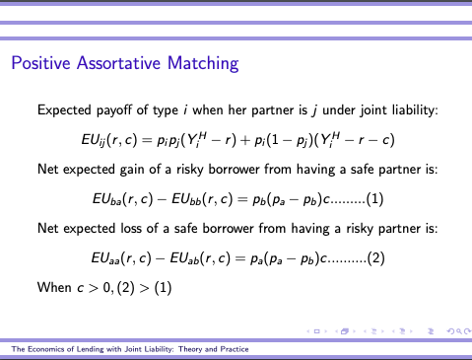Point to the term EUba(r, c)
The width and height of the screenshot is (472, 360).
pyautogui.click(x=120, y=197)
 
